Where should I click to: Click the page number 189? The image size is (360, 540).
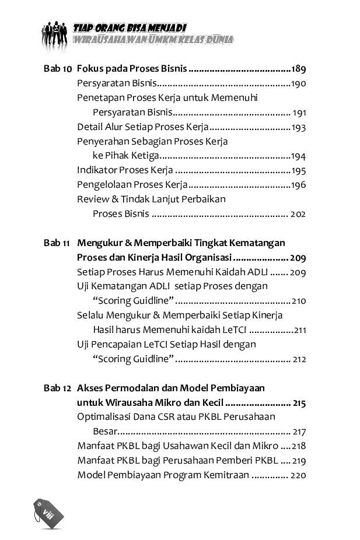pos(299,69)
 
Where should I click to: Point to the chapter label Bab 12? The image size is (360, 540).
pos(57,388)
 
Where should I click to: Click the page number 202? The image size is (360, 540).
pos(298,214)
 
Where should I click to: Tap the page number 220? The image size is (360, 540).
pos(298,475)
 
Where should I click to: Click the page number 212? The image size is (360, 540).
pos(299,359)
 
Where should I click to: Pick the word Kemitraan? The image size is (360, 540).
pos(226,475)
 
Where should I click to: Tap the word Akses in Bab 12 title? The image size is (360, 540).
pos(90,388)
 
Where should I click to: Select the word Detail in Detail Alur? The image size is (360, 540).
pos(89,127)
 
